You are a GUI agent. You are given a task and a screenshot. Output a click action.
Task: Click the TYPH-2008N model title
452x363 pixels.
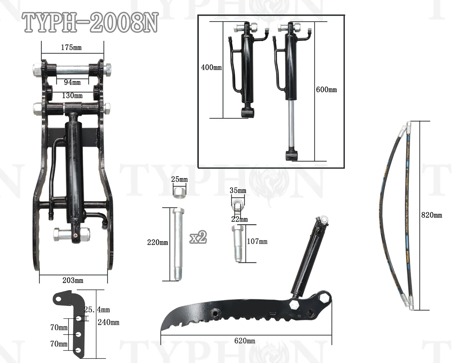[90, 22]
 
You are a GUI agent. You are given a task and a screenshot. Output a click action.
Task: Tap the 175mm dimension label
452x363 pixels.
[71, 47]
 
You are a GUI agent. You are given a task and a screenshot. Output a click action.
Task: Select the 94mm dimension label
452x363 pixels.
[72, 82]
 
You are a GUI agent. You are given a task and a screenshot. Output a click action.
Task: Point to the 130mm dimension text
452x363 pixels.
[72, 96]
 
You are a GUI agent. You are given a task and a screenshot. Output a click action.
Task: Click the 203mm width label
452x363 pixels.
[73, 280]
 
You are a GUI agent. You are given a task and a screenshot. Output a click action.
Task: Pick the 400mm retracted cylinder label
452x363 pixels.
[211, 68]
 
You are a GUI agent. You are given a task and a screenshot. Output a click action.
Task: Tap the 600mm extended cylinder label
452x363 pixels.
[326, 90]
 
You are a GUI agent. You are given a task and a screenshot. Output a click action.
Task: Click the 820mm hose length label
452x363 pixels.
[431, 215]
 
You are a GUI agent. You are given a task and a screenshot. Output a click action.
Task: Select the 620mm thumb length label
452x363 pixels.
[245, 341]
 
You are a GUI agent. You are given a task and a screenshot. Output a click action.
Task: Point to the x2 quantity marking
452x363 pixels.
[198, 237]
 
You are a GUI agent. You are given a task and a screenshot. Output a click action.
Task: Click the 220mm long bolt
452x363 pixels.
[178, 243]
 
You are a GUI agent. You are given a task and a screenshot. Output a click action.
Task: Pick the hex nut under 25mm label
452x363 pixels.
[179, 191]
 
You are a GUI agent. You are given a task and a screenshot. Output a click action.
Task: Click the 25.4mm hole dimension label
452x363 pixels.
[97, 310]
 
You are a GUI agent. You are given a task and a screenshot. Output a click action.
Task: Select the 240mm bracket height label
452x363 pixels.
[108, 322]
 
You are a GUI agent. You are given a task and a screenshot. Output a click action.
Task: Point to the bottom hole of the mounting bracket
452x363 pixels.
[79, 351]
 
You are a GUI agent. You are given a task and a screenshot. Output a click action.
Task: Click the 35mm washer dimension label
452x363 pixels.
[238, 191]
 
